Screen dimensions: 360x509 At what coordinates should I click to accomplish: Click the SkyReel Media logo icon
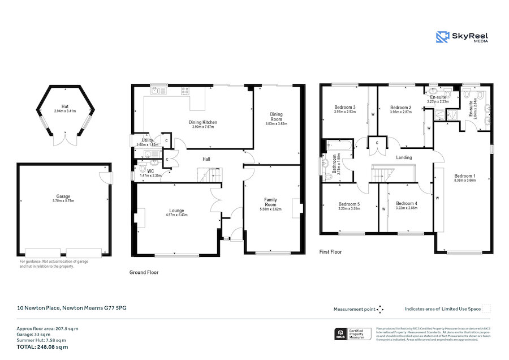(443, 37)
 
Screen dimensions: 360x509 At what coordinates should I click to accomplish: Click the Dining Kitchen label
(202, 122)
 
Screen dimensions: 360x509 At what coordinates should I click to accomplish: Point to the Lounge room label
(176, 209)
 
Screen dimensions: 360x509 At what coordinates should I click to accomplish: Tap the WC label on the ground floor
(150, 170)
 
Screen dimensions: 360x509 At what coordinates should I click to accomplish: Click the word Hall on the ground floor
(207, 160)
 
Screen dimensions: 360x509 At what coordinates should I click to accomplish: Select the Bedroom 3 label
(345, 107)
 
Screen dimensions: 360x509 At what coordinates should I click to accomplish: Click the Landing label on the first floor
(404, 157)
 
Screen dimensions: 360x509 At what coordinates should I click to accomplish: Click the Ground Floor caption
(144, 272)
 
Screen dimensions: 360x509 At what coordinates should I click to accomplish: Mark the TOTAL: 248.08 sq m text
(42, 346)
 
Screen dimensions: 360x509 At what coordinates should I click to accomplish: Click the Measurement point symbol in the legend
(380, 309)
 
